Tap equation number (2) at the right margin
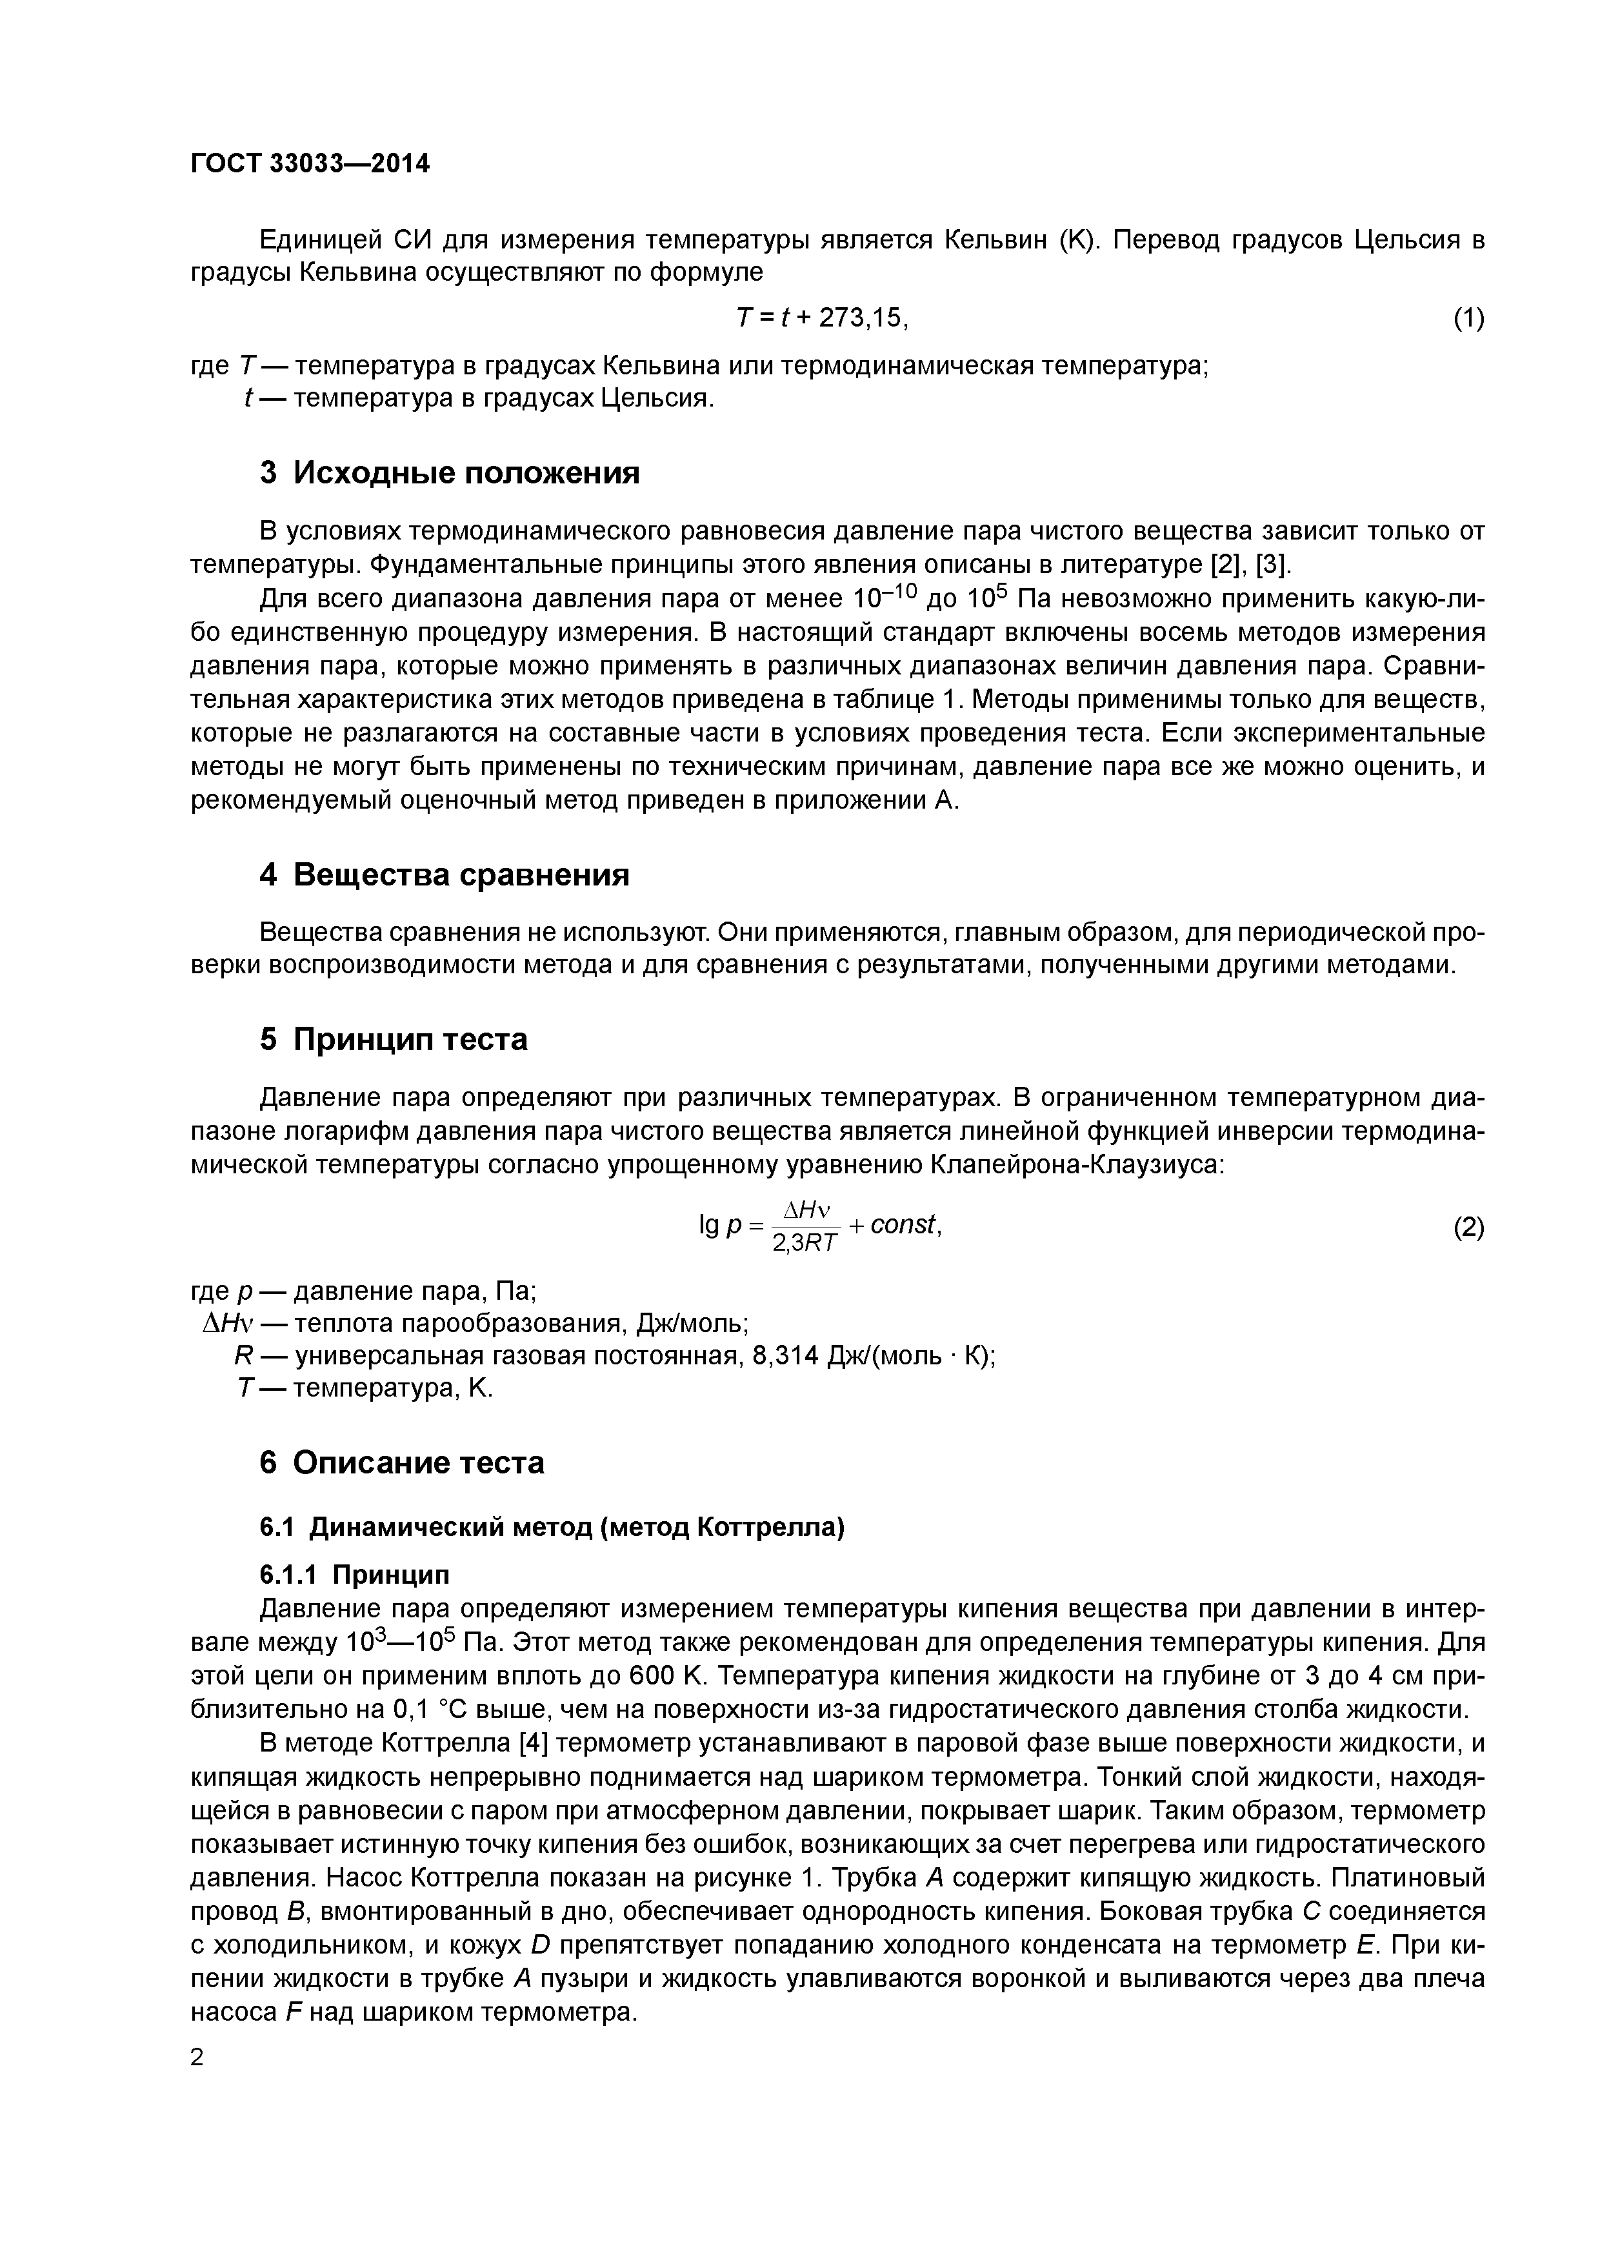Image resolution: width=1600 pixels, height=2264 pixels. [1468, 1228]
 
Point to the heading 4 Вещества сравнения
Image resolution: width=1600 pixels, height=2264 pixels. [444, 874]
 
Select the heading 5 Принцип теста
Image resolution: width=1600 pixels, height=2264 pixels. [394, 1039]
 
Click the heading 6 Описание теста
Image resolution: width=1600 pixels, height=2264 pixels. [401, 1461]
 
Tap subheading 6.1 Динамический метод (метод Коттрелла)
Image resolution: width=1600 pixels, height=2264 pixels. [552, 1528]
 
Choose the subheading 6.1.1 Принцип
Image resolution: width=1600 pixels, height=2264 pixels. [354, 1573]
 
